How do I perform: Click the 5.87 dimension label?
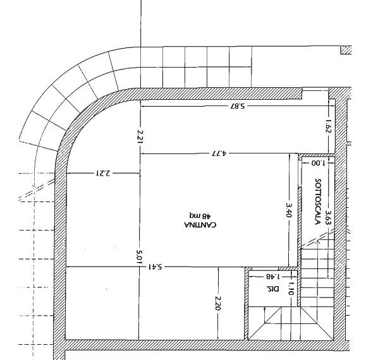pyautogui.click(x=238, y=106)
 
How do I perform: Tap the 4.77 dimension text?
pyautogui.click(x=219, y=153)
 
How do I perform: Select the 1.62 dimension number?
pyautogui.click(x=328, y=126)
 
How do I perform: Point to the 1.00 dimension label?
pyautogui.click(x=318, y=163)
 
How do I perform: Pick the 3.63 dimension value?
pyautogui.click(x=328, y=217)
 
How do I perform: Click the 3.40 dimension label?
pyautogui.click(x=289, y=210)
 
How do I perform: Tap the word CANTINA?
pyautogui.click(x=200, y=225)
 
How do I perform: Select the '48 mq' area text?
pyautogui.click(x=200, y=215)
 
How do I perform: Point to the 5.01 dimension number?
pyautogui.click(x=139, y=257)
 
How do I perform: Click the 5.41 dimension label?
pyautogui.click(x=155, y=267)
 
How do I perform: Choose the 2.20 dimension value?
pyautogui.click(x=218, y=303)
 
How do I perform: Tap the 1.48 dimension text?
pyautogui.click(x=273, y=277)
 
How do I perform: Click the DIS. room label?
pyautogui.click(x=272, y=289)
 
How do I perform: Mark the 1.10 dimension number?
pyautogui.click(x=291, y=289)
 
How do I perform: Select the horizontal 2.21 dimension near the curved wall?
pyautogui.click(x=103, y=173)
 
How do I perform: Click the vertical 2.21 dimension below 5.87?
pyautogui.click(x=140, y=137)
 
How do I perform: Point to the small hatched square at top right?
pyautogui.click(x=346, y=50)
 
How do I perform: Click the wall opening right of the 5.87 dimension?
pyautogui.click(x=315, y=93)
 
